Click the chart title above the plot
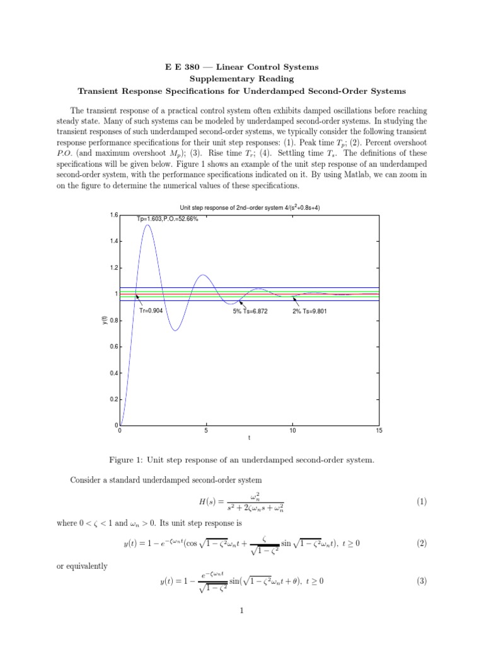249,208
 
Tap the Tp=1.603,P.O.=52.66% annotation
168,219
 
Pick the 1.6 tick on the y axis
113,215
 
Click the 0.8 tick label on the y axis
113,321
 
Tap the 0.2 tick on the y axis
113,399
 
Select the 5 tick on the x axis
206,431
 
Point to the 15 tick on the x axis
378,431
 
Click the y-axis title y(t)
105,321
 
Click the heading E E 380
242,67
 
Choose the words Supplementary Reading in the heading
242,79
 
